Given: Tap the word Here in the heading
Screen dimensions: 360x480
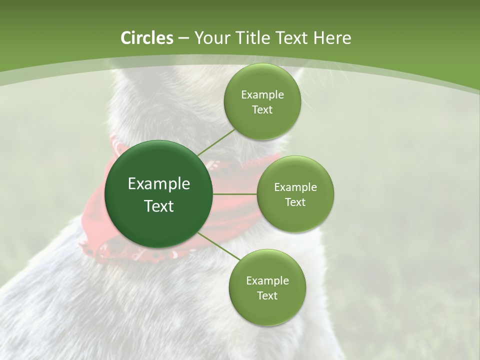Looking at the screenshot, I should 331,38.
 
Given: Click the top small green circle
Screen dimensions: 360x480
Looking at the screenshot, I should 262,80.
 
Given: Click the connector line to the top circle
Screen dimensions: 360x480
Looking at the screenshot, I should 216,142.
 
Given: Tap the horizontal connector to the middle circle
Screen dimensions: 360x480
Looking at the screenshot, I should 234,194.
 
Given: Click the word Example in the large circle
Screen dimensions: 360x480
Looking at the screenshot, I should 159,184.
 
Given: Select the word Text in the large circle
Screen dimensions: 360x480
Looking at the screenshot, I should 159,206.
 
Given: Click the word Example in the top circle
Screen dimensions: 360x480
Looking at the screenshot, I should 262,95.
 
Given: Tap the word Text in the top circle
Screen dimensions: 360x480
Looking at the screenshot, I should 262,110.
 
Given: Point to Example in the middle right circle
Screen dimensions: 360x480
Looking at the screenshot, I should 295,187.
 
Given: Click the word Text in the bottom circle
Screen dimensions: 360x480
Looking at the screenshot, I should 267,296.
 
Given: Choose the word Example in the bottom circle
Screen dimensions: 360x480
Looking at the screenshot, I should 267,281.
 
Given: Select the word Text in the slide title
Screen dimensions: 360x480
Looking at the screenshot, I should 292,38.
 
